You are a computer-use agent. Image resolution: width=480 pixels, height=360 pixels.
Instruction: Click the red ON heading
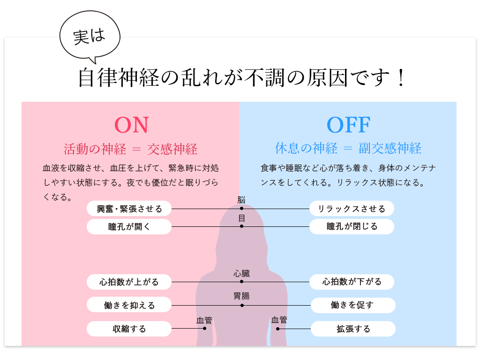pyautogui.click(x=131, y=125)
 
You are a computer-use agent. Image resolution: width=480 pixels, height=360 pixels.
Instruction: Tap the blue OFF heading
pyautogui.click(x=348, y=125)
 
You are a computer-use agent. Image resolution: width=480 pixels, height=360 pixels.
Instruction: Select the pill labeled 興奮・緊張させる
pyautogui.click(x=129, y=209)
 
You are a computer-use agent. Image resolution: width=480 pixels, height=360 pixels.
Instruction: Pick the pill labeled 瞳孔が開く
pyautogui.click(x=129, y=227)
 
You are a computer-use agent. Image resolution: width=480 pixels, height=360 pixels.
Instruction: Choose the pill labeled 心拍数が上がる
pyautogui.click(x=129, y=282)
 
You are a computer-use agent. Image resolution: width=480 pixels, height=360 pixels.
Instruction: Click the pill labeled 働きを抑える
pyautogui.click(x=129, y=306)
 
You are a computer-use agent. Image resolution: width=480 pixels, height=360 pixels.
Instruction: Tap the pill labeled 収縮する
pyautogui.click(x=129, y=329)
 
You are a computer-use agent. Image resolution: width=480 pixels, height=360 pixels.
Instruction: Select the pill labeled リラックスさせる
pyautogui.click(x=352, y=209)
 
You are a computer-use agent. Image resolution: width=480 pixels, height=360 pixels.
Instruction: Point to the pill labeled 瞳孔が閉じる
pyautogui.click(x=352, y=227)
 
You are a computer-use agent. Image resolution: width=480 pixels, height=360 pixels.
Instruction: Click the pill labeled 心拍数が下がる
pyautogui.click(x=352, y=282)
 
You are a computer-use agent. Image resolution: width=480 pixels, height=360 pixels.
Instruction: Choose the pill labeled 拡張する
pyautogui.click(x=352, y=329)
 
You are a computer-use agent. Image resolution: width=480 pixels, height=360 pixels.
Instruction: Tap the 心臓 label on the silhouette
pyautogui.click(x=242, y=274)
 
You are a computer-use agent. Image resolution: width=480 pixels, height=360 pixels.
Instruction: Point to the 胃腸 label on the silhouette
pyautogui.click(x=242, y=296)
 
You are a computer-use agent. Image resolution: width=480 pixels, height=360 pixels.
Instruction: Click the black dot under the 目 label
pyautogui.click(x=241, y=226)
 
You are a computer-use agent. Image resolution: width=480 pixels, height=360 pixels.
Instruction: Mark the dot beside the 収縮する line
pyautogui.click(x=204, y=329)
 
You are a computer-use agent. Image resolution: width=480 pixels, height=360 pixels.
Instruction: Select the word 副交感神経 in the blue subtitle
pyautogui.click(x=390, y=149)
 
